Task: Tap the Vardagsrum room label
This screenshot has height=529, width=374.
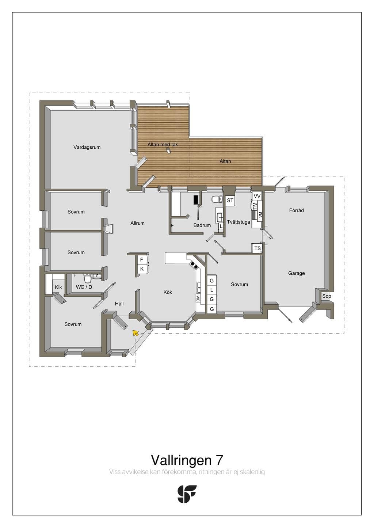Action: pos(87,147)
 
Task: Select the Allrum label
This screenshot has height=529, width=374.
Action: pos(137,223)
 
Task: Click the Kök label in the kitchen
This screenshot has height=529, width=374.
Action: pos(168,292)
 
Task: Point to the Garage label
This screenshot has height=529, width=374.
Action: pos(296,273)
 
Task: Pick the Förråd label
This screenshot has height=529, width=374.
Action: pos(296,210)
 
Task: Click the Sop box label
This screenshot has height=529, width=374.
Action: pos(327,296)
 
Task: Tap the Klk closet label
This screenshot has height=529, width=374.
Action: pos(58,287)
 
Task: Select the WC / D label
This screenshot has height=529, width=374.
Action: pos(84,287)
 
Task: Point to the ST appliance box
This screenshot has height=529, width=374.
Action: pos(230,201)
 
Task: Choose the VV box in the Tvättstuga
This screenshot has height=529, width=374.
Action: pos(257,196)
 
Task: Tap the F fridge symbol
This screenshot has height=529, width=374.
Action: pos(142,260)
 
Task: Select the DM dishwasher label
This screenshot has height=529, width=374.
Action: pos(198,298)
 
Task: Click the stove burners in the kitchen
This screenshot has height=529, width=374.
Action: pos(194,265)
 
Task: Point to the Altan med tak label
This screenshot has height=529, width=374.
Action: pos(163,145)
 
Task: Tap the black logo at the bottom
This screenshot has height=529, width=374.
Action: pos(187,494)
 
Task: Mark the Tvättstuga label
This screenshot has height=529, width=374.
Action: pos(238,222)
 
